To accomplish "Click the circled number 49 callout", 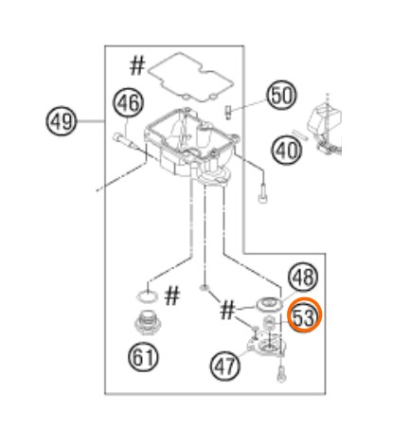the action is pos(62,121).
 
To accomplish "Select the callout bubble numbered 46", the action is pos(128,103).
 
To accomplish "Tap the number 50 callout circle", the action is pos(282,96).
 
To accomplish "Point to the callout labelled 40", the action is pos(287,150).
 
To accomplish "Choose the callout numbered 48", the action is pos(303,277).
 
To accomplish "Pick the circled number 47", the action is pos(225,366).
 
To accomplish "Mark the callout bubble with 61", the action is pos(143,357).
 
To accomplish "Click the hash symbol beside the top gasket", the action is pos(137,65).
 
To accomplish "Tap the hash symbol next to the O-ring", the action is pos(172,295).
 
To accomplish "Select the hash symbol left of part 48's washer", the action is pos(227,310).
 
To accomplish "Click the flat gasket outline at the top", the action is pos(190,77).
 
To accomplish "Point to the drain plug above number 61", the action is pos(148,324).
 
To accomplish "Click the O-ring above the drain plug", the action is pos(147,297).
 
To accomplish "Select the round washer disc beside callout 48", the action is pos(269,304).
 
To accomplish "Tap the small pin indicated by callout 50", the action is pos(228,113).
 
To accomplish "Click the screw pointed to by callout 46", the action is pos(124,141).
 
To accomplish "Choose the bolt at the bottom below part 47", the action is pos(280,375).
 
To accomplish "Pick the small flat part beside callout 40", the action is pos(299,134).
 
